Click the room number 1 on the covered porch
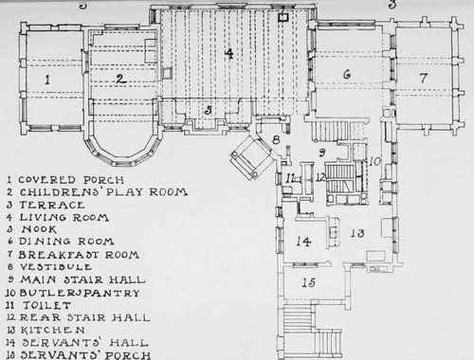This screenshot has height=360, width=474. (x=46, y=80)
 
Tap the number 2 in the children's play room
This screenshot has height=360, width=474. (x=120, y=79)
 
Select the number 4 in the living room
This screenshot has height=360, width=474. (x=228, y=54)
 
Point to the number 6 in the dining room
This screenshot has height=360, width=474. (x=347, y=74)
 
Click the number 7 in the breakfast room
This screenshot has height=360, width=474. (x=424, y=75)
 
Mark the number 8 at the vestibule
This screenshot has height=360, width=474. (x=276, y=141)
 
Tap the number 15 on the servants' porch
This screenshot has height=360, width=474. (x=307, y=283)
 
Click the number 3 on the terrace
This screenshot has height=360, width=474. (x=209, y=110)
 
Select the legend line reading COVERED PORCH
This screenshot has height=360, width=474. (x=66, y=178)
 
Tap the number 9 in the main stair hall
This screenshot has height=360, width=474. (x=322, y=152)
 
